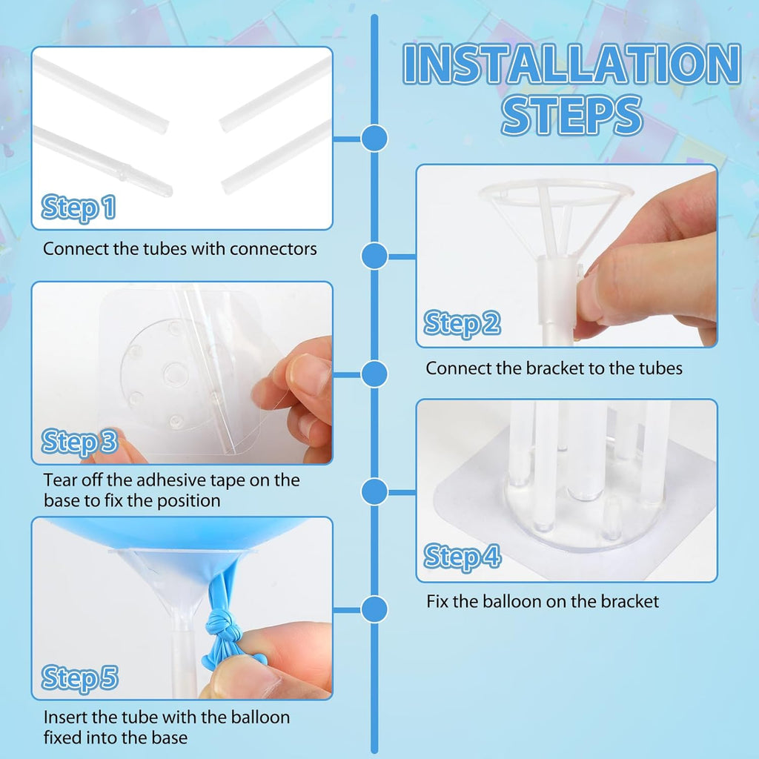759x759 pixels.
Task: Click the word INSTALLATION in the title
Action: coord(571,64)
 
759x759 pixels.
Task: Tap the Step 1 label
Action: coord(79,208)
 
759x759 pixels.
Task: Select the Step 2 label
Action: coord(462,324)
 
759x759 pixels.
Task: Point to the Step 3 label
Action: coord(79,443)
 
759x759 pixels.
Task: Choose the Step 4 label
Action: coord(462,556)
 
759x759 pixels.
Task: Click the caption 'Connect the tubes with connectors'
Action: coord(180,248)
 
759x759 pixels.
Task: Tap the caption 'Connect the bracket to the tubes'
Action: coord(554,368)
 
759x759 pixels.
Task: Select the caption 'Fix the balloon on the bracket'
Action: coord(543,601)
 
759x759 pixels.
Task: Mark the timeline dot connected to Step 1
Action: coord(375,138)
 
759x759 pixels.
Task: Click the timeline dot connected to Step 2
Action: coord(375,256)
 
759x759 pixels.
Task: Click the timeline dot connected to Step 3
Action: coord(375,374)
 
